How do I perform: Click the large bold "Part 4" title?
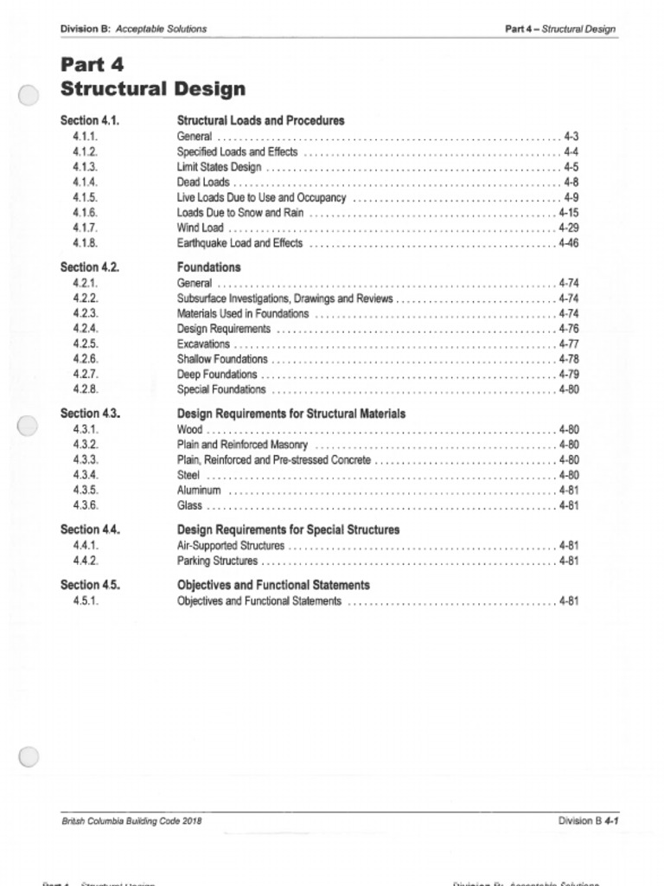[93, 65]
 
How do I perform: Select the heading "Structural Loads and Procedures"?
[260, 120]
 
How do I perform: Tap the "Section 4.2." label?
[90, 267]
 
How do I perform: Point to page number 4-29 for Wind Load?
[568, 228]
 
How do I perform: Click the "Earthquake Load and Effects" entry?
[239, 243]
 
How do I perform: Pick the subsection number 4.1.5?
[86, 197]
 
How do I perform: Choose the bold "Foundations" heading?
[208, 267]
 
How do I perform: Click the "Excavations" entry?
[203, 343]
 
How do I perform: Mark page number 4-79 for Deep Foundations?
[568, 375]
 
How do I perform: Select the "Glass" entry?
[189, 505]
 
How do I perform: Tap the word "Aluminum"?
[199, 491]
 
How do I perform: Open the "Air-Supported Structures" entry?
[230, 546]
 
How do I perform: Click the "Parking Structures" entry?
[217, 561]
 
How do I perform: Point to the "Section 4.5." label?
[90, 585]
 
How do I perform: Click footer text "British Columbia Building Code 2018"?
[131, 820]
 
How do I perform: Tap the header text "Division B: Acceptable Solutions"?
[133, 29]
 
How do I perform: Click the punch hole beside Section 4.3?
[28, 426]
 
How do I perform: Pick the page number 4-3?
[571, 137]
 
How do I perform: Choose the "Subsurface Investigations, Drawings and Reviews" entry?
[284, 299]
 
